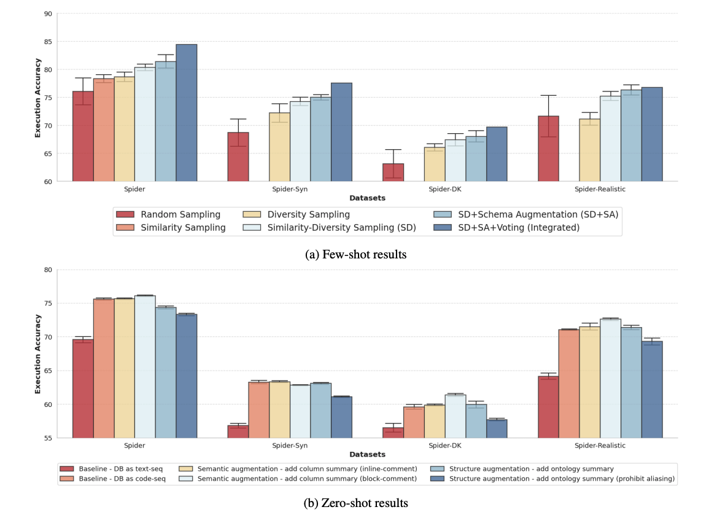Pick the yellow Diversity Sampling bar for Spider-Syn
[x=279, y=147]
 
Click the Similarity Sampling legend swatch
[x=125, y=228]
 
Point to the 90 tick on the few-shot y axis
[x=47, y=14]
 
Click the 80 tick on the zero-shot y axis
[x=47, y=269]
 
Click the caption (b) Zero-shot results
[x=355, y=503]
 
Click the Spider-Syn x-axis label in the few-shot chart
[x=290, y=189]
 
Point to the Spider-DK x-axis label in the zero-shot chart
[x=445, y=446]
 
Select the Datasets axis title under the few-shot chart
[x=367, y=198]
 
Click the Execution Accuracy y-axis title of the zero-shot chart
[x=37, y=354]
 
